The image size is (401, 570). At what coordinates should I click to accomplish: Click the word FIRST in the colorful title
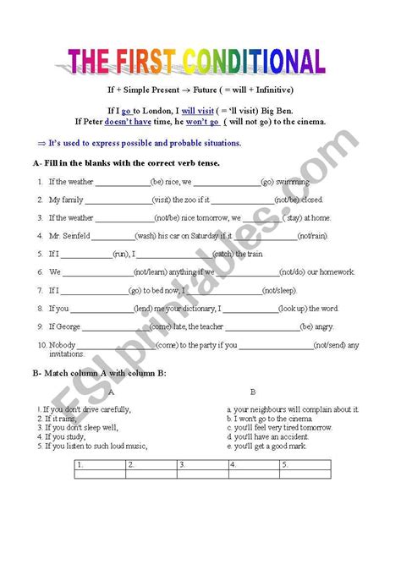pyautogui.click(x=145, y=62)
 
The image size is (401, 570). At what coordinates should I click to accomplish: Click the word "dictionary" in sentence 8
pyautogui.click(x=195, y=309)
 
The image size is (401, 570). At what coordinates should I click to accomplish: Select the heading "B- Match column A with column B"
pyautogui.click(x=100, y=372)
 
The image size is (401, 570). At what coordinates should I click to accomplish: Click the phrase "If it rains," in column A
pyautogui.click(x=58, y=419)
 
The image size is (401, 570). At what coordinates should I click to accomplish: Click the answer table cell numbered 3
pyautogui.click(x=203, y=465)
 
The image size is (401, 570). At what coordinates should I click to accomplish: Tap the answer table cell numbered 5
pyautogui.click(x=305, y=465)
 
